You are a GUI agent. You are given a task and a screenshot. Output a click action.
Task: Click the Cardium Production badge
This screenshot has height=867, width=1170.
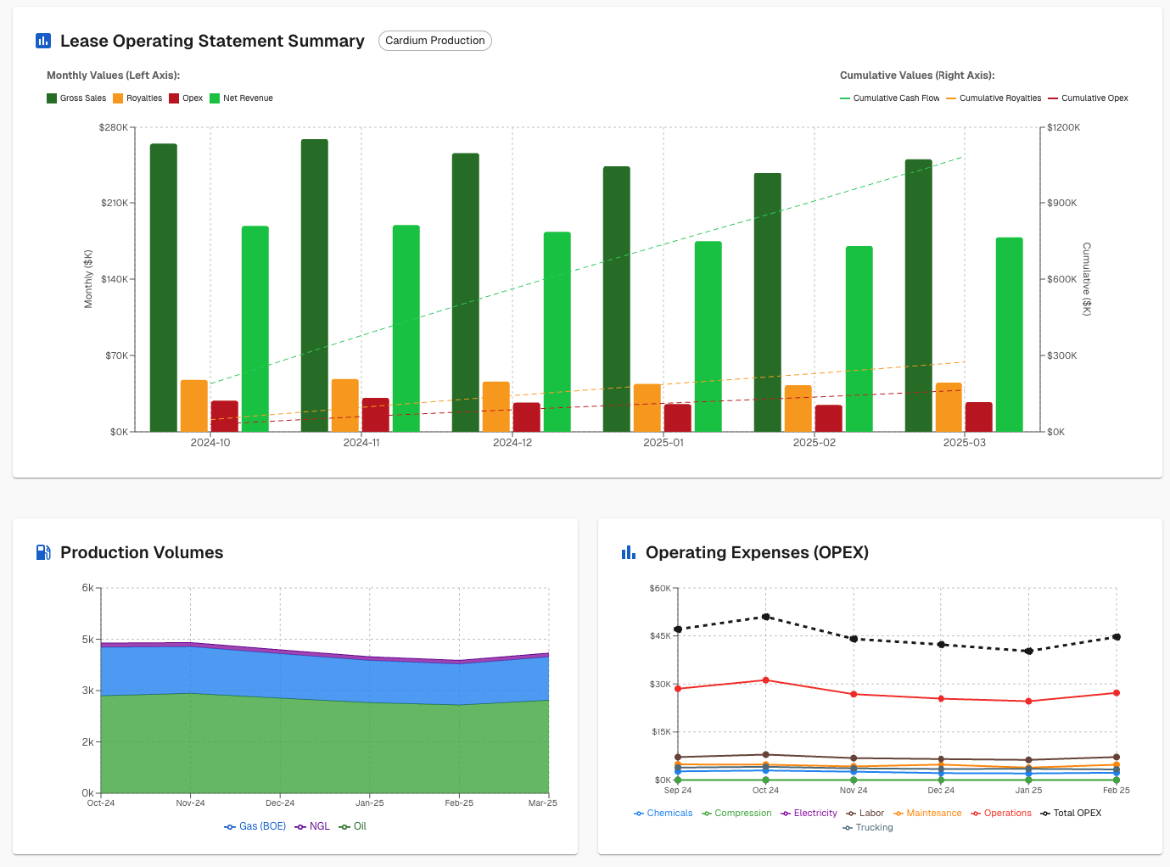click(434, 41)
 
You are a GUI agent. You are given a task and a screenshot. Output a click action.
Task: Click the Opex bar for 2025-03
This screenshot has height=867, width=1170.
click(978, 417)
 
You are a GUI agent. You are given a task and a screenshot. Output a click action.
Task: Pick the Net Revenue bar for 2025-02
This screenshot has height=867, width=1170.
click(859, 338)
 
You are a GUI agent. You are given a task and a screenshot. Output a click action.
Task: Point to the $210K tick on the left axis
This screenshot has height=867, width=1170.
click(114, 204)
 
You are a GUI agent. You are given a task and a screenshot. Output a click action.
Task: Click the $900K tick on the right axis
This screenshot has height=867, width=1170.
click(1061, 204)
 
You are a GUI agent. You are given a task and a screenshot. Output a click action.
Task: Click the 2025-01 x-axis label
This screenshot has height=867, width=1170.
click(663, 443)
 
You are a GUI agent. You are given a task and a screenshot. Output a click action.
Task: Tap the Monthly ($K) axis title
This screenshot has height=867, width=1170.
click(88, 279)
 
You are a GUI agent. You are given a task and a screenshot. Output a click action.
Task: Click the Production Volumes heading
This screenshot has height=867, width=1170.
click(142, 552)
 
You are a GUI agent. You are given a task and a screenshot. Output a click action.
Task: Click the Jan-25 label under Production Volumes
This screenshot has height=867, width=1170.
click(370, 803)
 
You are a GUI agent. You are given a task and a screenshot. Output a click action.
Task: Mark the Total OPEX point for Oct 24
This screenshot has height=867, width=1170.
click(766, 617)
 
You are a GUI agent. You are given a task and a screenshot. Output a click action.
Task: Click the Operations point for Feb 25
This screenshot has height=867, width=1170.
click(1117, 693)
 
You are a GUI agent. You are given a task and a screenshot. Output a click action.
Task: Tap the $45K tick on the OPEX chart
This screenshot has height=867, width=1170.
click(660, 636)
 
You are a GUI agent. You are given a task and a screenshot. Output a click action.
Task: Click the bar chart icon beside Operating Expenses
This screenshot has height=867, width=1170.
click(629, 553)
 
